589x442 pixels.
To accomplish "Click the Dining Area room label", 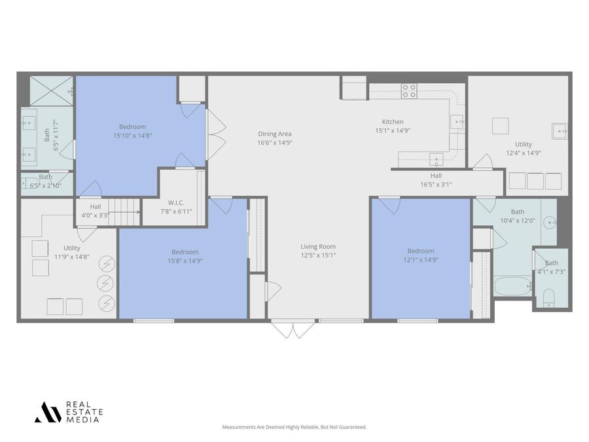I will pos(275,134).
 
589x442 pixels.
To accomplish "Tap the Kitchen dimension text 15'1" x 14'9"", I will pos(393,130).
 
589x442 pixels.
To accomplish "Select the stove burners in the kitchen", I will pos(409,91).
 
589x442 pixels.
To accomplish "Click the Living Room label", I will pos(318,247).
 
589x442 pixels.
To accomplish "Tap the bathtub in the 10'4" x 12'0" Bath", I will pos(512,286).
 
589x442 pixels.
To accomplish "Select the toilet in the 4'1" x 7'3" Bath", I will pos(548,299).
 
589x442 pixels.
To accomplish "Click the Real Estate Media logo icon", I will pos(47,412).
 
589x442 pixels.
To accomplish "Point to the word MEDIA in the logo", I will pos(83,420).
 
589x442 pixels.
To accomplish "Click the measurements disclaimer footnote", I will pos(294,427).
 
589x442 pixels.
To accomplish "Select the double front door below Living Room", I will pos(293,328).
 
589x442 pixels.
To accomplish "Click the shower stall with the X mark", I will pos(51,91).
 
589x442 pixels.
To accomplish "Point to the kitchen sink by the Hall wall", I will pos(436,158).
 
